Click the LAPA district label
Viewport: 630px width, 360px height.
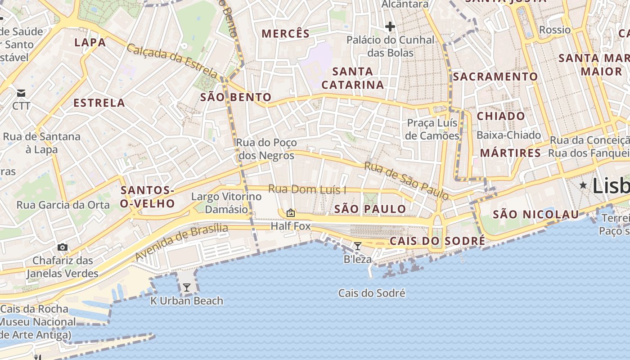tap(90, 43)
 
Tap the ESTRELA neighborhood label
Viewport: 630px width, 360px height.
tap(99, 103)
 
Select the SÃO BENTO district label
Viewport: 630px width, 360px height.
tap(236, 97)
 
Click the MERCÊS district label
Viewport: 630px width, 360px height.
tap(286, 34)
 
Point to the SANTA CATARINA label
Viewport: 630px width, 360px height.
tap(353, 78)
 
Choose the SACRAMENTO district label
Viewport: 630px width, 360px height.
tap(495, 76)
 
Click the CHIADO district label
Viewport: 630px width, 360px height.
tap(501, 116)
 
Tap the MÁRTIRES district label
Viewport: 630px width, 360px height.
tap(510, 153)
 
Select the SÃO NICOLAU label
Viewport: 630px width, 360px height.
tap(535, 214)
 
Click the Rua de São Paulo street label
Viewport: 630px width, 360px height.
tap(406, 180)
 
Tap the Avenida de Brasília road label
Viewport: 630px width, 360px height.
tap(181, 242)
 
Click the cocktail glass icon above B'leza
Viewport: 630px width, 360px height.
tap(358, 246)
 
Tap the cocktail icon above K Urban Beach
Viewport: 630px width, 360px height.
tap(187, 287)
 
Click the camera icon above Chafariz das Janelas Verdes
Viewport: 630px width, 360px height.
tap(63, 247)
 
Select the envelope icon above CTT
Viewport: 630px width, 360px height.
tap(21, 93)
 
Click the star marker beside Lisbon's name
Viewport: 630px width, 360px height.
tap(583, 185)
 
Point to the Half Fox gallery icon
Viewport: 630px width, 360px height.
tap(291, 213)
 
